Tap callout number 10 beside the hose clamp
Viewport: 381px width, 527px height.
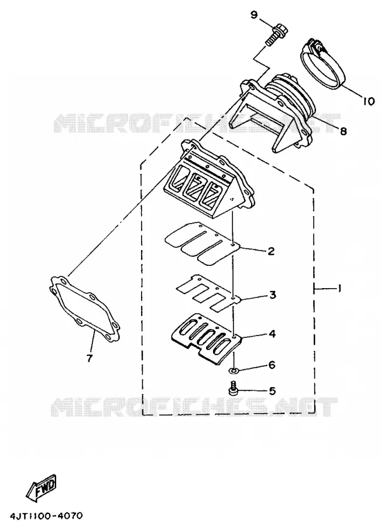[368, 101]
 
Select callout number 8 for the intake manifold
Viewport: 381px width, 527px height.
[343, 131]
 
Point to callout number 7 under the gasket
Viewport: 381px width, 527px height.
[89, 358]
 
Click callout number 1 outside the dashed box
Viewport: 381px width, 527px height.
[339, 288]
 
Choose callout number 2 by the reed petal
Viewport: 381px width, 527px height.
[271, 251]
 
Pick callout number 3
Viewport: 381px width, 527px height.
[272, 295]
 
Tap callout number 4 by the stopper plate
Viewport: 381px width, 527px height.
[272, 334]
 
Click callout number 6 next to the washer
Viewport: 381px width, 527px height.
[272, 364]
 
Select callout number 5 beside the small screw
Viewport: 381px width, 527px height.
[272, 391]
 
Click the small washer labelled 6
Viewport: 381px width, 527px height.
[232, 371]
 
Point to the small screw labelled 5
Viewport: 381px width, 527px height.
[232, 388]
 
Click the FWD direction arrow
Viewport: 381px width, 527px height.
[42, 487]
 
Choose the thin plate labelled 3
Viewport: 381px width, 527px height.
[208, 290]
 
